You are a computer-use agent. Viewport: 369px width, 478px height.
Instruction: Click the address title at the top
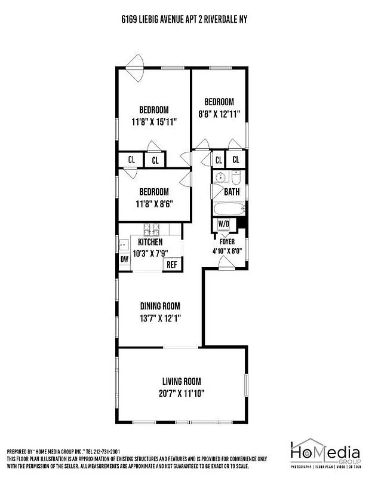pyautogui.click(x=184, y=20)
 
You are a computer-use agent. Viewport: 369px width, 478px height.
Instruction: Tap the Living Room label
pyautogui.click(x=182, y=381)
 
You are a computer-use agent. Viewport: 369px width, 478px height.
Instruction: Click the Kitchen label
pyautogui.click(x=150, y=242)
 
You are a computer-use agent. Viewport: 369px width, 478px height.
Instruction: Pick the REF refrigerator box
pyautogui.click(x=172, y=265)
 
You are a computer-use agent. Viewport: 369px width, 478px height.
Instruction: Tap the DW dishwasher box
pyautogui.click(x=125, y=259)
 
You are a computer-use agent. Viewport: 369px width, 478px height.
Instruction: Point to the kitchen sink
pyautogui.click(x=124, y=244)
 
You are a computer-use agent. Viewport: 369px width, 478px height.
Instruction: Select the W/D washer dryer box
pyautogui.click(x=224, y=224)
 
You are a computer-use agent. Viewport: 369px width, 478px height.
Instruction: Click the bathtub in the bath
pyautogui.click(x=229, y=209)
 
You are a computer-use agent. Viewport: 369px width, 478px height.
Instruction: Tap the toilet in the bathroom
pyautogui.click(x=236, y=179)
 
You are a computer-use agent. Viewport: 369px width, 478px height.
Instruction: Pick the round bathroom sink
pyautogui.click(x=220, y=177)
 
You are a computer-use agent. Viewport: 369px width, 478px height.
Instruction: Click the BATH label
pyautogui.click(x=232, y=192)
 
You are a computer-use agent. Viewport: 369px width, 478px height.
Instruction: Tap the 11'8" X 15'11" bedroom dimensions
pyautogui.click(x=154, y=121)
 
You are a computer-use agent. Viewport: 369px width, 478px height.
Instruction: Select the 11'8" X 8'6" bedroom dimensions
pyautogui.click(x=154, y=203)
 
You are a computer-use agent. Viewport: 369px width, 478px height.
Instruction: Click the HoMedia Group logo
pyautogui.click(x=325, y=455)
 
